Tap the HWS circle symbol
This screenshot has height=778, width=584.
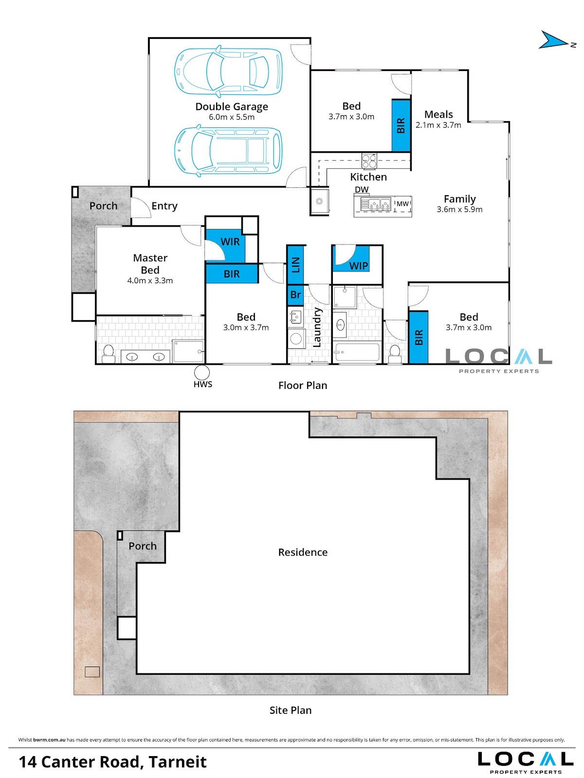pos(201,373)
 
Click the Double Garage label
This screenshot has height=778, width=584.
pos(231,107)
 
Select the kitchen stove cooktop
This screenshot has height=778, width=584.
pos(369,161)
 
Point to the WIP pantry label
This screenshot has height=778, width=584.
pos(358,266)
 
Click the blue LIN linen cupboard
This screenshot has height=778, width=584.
pos(295,264)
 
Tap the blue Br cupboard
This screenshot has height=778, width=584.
pos(295,295)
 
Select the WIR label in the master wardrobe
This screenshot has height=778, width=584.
pos(230,242)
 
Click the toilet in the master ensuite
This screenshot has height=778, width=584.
pos(109,353)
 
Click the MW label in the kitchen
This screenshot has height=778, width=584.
pos(402,203)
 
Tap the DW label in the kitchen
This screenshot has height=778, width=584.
pos(362,190)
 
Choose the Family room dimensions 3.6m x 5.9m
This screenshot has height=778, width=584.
pos(459,209)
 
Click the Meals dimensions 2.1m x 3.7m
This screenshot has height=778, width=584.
pos(438,125)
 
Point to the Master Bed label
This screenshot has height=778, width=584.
pos(150,264)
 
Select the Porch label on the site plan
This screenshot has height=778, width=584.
pos(142,546)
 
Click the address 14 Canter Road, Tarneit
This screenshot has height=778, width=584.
pos(112,761)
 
